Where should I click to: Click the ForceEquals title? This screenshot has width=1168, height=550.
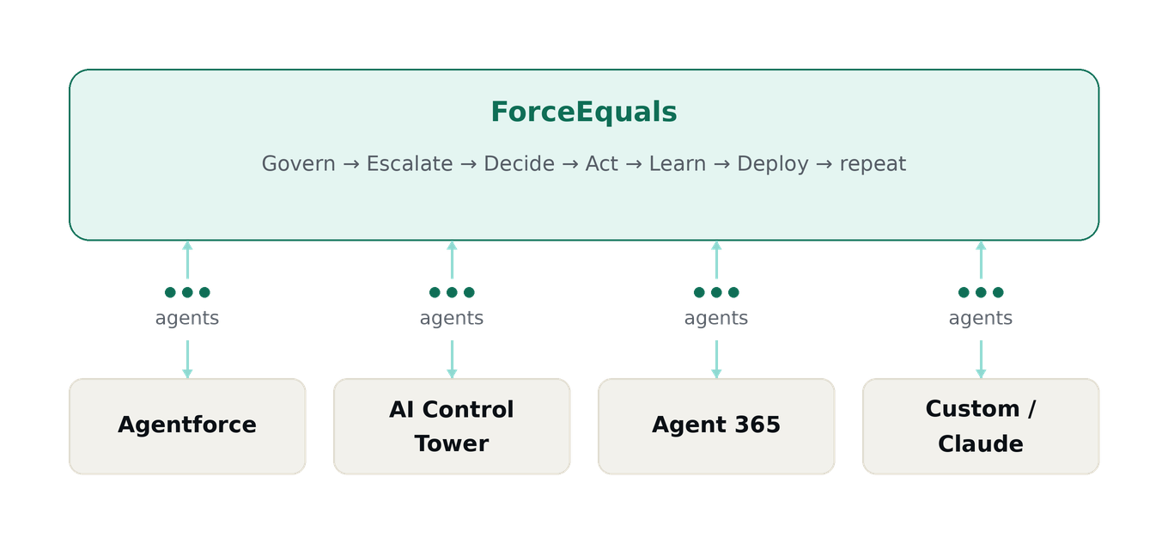click(583, 112)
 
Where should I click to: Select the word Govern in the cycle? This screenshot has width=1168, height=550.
click(298, 164)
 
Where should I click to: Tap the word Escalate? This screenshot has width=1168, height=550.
click(410, 164)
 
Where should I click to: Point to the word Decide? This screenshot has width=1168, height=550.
click(519, 164)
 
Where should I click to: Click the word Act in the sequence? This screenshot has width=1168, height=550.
click(601, 164)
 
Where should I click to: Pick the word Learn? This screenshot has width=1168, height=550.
click(678, 164)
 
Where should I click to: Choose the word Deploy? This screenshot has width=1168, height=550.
click(773, 165)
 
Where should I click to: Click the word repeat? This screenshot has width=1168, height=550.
click(873, 165)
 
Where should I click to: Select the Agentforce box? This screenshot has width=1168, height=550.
click(187, 426)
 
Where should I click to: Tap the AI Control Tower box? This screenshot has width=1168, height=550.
click(452, 426)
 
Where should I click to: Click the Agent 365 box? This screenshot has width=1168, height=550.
click(716, 426)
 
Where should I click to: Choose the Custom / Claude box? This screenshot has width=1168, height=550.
click(981, 426)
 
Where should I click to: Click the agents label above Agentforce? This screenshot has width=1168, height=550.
click(187, 318)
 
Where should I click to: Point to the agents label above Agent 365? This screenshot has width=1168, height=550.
click(716, 318)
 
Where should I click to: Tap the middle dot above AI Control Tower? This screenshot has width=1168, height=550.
click(452, 292)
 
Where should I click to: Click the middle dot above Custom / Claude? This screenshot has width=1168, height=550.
click(981, 292)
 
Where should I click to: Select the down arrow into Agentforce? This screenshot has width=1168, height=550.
click(187, 359)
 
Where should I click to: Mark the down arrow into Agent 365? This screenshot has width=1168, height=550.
click(716, 359)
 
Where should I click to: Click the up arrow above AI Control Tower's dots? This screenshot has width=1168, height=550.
click(452, 260)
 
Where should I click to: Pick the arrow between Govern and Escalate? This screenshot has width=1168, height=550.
click(351, 164)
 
